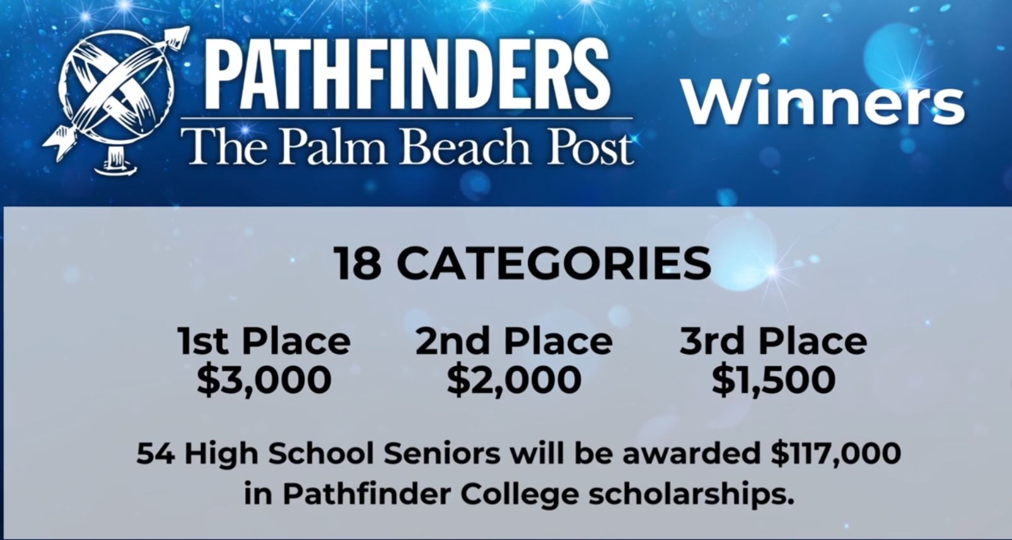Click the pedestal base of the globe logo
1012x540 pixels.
(x=118, y=165)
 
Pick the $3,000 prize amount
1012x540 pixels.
(x=264, y=380)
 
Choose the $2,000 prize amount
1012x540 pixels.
(x=514, y=380)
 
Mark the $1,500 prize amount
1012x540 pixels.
(x=774, y=380)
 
